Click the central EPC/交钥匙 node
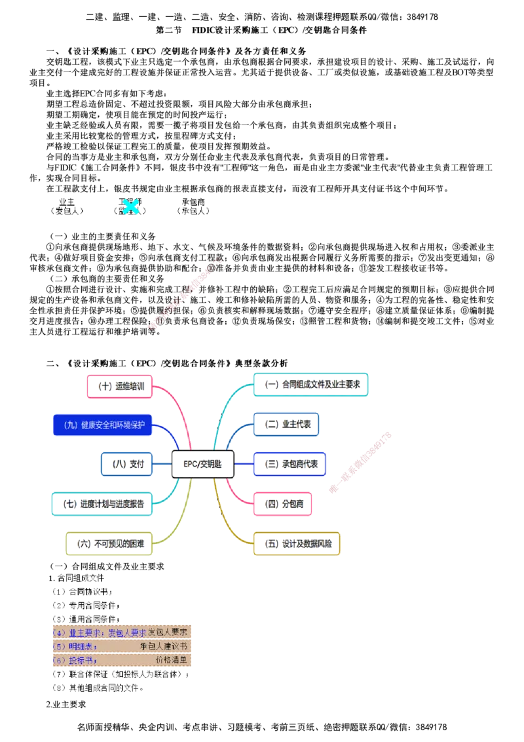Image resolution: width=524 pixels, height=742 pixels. (202, 463)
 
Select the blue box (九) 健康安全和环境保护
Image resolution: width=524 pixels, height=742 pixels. (102, 425)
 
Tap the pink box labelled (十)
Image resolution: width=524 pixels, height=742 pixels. (119, 385)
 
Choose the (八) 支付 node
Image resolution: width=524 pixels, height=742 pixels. (126, 463)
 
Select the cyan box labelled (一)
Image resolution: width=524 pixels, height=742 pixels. (311, 385)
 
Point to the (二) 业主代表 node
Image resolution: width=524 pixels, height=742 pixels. (286, 424)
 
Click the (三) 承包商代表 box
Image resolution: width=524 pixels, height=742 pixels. (289, 463)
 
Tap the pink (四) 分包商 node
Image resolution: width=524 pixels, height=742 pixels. (283, 503)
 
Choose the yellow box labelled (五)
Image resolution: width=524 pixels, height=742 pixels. (296, 543)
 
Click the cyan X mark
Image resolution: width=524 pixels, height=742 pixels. (131, 206)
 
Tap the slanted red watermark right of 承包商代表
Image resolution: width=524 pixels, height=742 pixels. (360, 462)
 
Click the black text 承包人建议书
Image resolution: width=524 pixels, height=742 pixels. (163, 646)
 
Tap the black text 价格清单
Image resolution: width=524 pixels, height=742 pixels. (170, 660)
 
